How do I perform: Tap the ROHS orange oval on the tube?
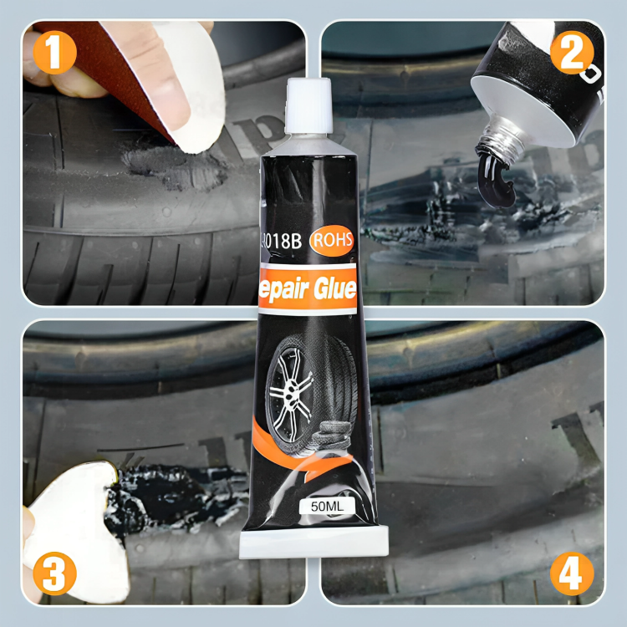(333, 241)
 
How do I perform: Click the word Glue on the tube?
(332, 289)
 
